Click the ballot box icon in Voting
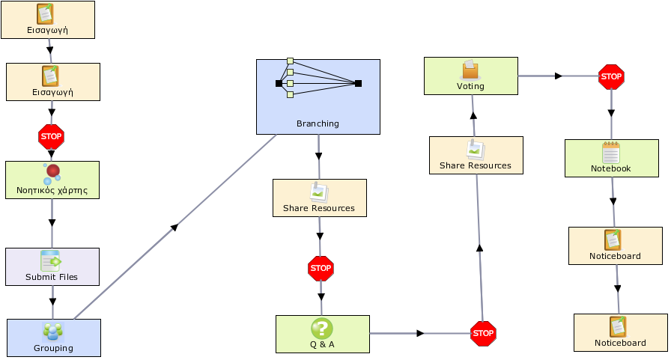pos(470,70)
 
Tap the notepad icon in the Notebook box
pos(610,153)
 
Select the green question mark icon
pos(322,329)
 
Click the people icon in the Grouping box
pos(53,332)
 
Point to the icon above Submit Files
pos(51,260)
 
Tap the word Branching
pos(318,123)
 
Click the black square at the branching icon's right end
pos(358,83)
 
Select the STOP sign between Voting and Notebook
pos(611,77)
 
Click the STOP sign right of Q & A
pos(483,334)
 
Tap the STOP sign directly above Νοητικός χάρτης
pos(51,137)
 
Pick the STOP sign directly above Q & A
pos(321,269)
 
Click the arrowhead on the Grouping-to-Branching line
pos(174,227)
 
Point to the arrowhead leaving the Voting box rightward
pos(558,76)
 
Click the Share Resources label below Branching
pos(319,208)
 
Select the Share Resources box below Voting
pos(476,155)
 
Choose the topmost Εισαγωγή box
pos(48,19)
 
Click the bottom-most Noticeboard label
pos(620,343)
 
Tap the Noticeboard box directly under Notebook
pos(616,245)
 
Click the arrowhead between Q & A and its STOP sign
pos(420,333)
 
